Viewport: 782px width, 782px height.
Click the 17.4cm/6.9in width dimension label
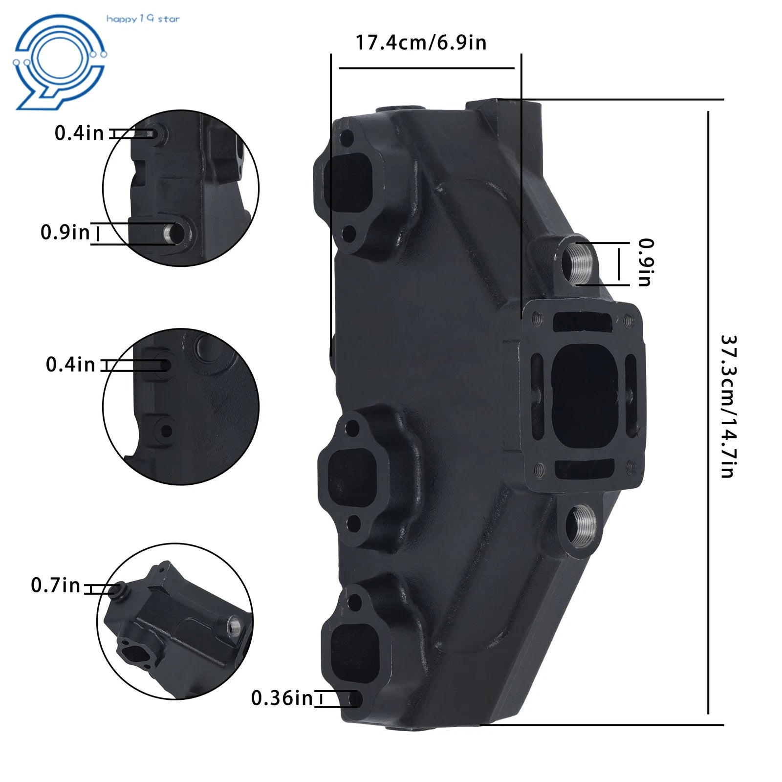(421, 43)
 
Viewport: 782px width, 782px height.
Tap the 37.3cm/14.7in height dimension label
(728, 406)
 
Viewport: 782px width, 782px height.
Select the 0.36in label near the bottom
(282, 698)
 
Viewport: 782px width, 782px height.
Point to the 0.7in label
(55, 585)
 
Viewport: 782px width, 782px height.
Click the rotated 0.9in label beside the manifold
(646, 262)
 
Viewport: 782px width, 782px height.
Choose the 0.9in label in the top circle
(65, 232)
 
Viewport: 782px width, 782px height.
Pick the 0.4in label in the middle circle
(70, 365)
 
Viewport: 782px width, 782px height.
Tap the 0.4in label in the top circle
(79, 133)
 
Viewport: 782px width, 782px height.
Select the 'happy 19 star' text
(143, 19)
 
